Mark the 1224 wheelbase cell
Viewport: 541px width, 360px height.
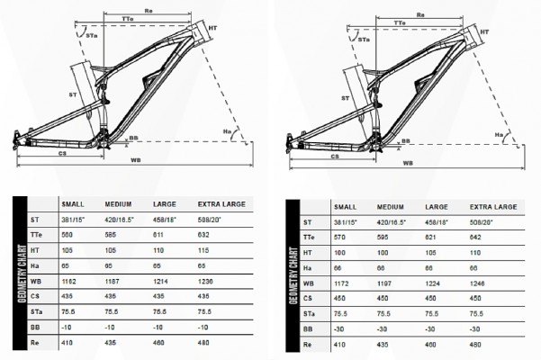tap(428, 283)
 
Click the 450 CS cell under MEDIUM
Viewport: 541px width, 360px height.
tap(382, 298)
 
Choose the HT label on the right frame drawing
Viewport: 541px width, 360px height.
tap(484, 31)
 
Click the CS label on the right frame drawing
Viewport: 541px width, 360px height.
tap(335, 156)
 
